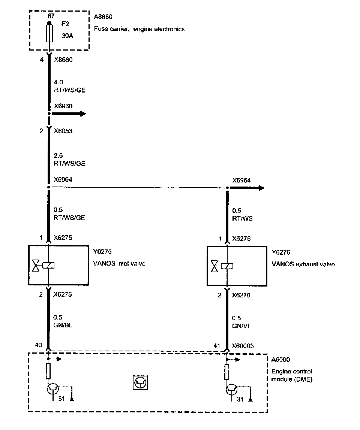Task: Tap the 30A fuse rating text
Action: [x=67, y=37]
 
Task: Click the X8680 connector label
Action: [x=63, y=59]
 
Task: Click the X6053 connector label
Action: [x=63, y=131]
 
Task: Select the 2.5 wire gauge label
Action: [x=58, y=155]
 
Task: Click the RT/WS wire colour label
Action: [x=242, y=218]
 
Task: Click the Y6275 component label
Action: [x=102, y=252]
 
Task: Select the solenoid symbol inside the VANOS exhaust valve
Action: [x=227, y=266]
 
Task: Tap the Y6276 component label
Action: [x=281, y=252]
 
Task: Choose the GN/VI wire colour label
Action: [x=241, y=326]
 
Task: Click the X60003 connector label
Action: [x=243, y=346]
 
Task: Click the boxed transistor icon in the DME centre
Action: [x=140, y=383]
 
